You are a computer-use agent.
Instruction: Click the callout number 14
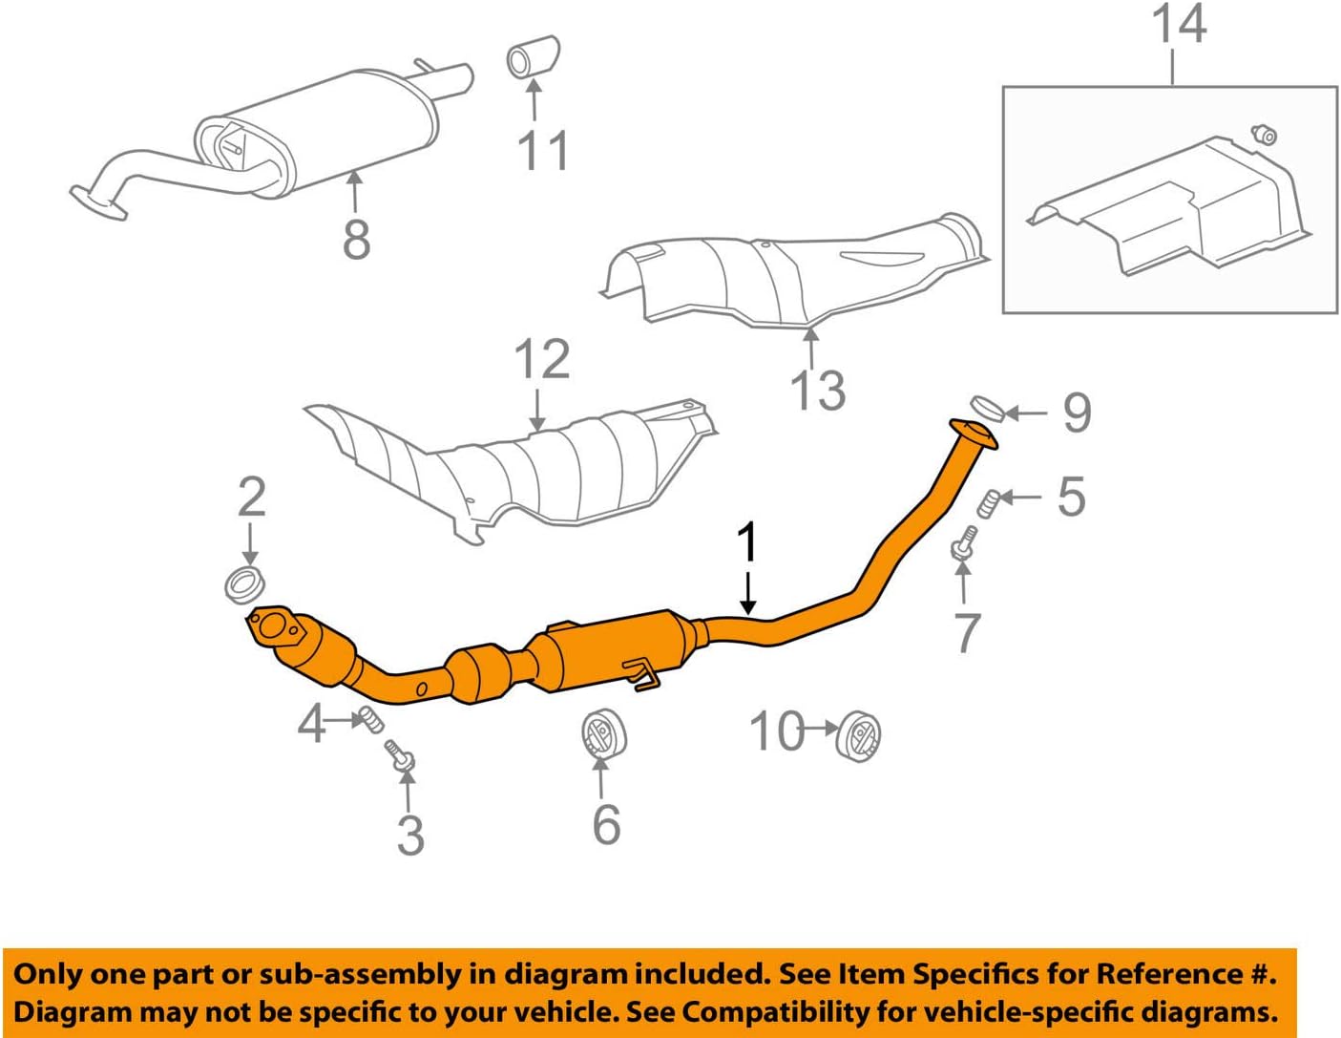(x=1179, y=25)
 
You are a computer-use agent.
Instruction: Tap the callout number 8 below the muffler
(x=356, y=239)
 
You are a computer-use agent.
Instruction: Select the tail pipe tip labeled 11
(x=532, y=56)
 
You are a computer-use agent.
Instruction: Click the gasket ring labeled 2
(x=245, y=583)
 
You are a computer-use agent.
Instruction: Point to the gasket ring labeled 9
(x=987, y=409)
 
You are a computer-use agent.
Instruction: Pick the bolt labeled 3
(x=400, y=755)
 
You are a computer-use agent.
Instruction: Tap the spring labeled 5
(x=991, y=501)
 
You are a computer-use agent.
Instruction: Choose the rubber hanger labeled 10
(x=858, y=736)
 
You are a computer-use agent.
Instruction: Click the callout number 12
(x=541, y=360)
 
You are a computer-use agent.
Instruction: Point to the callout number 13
(x=818, y=391)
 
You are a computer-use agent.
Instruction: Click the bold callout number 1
(x=748, y=542)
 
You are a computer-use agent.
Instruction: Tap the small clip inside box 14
(x=1264, y=135)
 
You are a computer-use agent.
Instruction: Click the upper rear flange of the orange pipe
(x=973, y=433)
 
